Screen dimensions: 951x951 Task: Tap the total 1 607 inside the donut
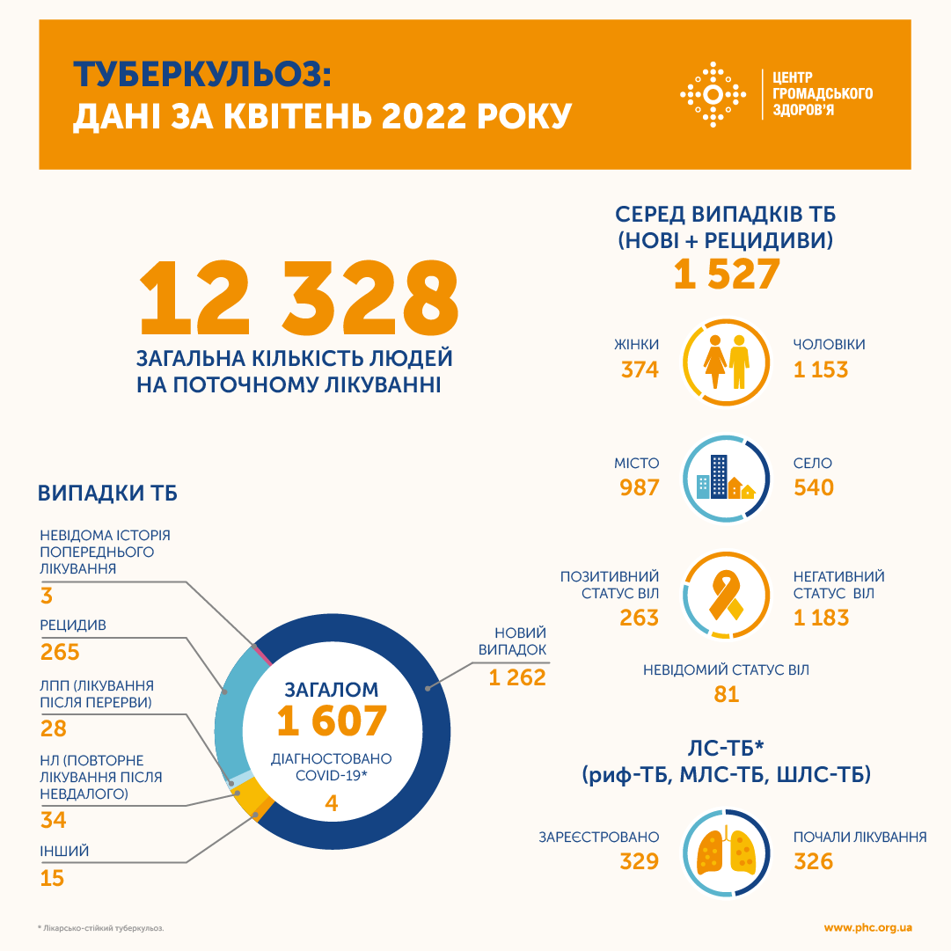coord(332,721)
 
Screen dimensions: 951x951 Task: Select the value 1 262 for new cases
coord(517,677)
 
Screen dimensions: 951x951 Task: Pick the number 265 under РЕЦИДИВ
coord(60,652)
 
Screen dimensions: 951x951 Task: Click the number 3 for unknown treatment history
coord(47,596)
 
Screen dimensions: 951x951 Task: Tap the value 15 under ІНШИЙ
coord(53,878)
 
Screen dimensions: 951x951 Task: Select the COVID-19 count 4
coord(331,803)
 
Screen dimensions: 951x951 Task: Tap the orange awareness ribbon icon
coord(727,595)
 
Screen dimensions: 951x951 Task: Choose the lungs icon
coord(727,852)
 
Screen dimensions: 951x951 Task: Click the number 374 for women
coord(639,369)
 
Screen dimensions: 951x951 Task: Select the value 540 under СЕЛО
coord(813,487)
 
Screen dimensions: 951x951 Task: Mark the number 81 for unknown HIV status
coord(727,694)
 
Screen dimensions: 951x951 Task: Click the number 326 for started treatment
coord(813,860)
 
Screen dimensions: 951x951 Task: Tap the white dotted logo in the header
coord(714,94)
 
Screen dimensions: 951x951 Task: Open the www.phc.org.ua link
coord(867,927)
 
